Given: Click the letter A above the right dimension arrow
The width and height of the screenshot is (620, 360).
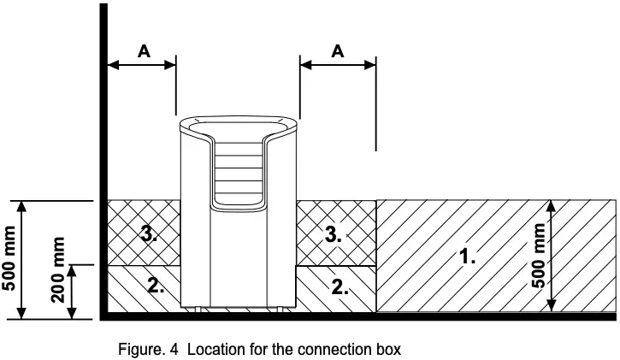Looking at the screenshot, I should click(338, 50).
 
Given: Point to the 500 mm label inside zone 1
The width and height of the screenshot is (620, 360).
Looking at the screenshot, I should click(537, 256).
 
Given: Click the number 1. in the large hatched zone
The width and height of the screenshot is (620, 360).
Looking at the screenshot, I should click(467, 256).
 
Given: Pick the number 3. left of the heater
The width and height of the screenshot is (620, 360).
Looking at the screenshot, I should click(148, 233).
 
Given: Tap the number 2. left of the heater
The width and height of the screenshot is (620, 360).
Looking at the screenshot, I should click(156, 286).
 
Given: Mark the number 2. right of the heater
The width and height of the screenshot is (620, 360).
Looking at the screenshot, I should click(340, 286).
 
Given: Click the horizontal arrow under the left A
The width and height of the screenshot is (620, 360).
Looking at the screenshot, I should click(142, 64).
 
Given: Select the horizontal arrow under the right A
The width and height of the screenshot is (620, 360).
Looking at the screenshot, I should click(338, 64).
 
